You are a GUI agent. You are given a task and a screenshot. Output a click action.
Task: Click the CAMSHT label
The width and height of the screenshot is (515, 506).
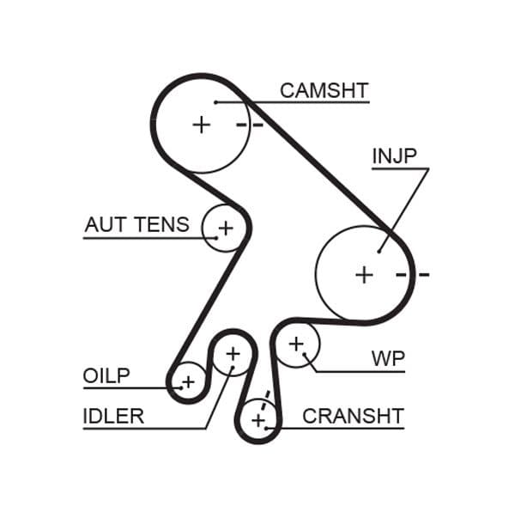(x=324, y=90)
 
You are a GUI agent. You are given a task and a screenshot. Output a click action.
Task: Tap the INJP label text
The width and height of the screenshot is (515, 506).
(x=394, y=156)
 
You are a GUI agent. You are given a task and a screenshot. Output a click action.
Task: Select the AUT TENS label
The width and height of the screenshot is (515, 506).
(x=136, y=225)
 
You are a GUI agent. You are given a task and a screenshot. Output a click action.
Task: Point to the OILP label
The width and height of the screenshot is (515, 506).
(x=106, y=376)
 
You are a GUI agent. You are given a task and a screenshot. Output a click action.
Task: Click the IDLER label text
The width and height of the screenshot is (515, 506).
(x=113, y=417)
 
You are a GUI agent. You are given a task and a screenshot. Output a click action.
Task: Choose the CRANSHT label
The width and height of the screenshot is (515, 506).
(x=353, y=417)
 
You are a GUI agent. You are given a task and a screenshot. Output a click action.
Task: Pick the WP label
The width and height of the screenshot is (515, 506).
(x=388, y=358)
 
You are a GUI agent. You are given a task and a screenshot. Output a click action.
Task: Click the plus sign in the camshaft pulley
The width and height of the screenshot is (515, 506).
(x=201, y=125)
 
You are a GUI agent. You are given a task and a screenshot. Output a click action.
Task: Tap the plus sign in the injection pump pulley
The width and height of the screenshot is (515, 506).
(x=365, y=275)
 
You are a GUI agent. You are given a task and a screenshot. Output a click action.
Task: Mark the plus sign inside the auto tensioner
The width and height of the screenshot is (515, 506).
(x=225, y=229)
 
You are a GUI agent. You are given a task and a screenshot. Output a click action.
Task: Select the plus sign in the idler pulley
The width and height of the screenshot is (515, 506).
(x=233, y=352)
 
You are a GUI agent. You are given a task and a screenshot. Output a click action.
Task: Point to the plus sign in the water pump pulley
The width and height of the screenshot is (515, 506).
(x=296, y=344)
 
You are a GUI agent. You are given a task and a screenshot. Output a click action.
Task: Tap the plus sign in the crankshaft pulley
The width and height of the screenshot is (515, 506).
(x=258, y=420)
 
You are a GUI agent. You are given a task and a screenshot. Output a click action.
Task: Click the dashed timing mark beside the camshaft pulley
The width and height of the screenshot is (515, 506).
(x=249, y=125)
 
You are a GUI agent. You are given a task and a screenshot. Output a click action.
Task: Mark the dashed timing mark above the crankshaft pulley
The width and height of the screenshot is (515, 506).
(x=266, y=398)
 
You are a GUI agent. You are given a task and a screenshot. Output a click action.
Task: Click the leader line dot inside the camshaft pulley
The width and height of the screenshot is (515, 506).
(x=217, y=102)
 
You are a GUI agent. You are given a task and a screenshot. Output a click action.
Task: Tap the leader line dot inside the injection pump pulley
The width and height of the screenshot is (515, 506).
(x=379, y=251)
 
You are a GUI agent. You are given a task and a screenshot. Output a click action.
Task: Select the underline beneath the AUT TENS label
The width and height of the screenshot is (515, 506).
(x=142, y=238)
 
